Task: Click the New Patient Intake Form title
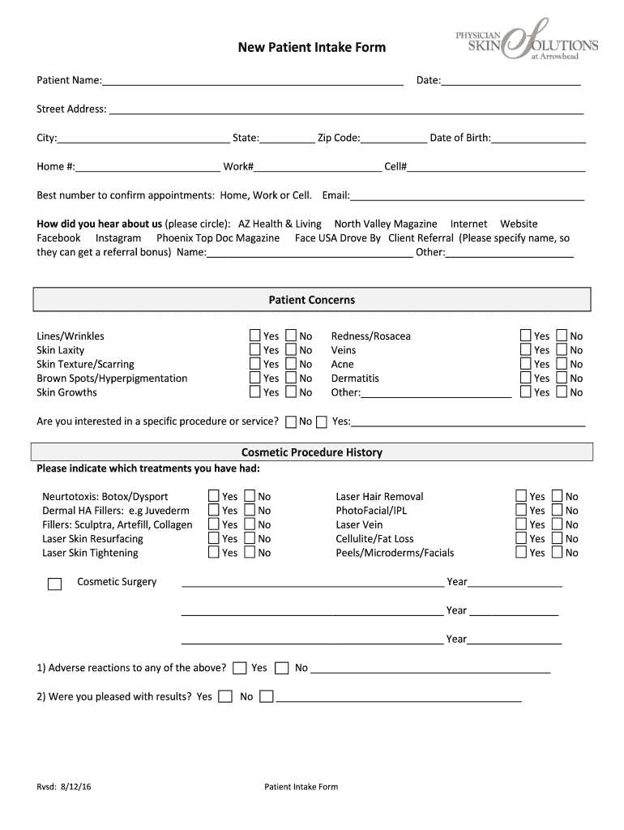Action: (x=311, y=48)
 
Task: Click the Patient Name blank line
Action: (x=252, y=79)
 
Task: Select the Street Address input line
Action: (x=346, y=109)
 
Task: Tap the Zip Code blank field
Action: (x=394, y=138)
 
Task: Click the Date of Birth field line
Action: (x=538, y=138)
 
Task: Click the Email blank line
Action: (x=467, y=195)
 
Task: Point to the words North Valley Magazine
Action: (x=385, y=224)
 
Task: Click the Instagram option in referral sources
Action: (x=118, y=238)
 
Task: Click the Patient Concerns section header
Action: (x=312, y=300)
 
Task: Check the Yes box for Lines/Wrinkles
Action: (x=255, y=336)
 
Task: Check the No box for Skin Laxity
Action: (x=291, y=350)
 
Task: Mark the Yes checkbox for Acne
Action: (x=526, y=364)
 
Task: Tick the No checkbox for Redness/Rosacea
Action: (x=562, y=336)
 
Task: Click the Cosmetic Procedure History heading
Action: (x=312, y=452)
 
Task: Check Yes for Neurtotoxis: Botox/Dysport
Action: (x=214, y=496)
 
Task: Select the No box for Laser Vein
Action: (x=557, y=524)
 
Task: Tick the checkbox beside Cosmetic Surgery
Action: (x=55, y=584)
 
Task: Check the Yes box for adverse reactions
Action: (x=240, y=669)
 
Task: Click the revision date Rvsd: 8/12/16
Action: (x=63, y=787)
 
